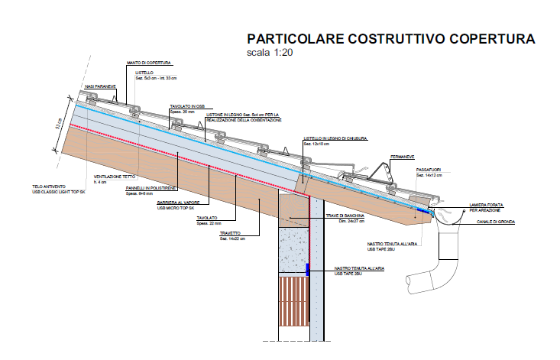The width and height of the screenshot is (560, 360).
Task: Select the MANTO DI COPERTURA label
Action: click(x=149, y=63)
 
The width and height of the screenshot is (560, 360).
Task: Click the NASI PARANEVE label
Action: click(x=101, y=86)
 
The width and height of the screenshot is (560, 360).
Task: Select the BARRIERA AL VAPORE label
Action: click(x=177, y=202)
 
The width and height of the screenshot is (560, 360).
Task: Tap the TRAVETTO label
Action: click(x=230, y=233)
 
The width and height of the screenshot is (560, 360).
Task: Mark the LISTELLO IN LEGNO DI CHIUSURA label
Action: click(x=336, y=138)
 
